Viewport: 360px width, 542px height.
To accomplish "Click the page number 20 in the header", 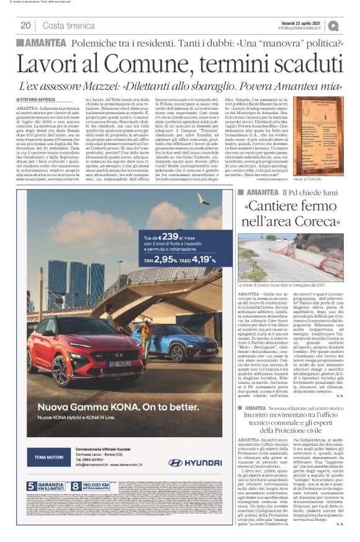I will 25,25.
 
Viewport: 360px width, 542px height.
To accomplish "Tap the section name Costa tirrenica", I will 69,25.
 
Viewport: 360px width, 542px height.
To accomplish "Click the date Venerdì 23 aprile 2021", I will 299,22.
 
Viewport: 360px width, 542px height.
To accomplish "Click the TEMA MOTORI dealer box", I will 45,458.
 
